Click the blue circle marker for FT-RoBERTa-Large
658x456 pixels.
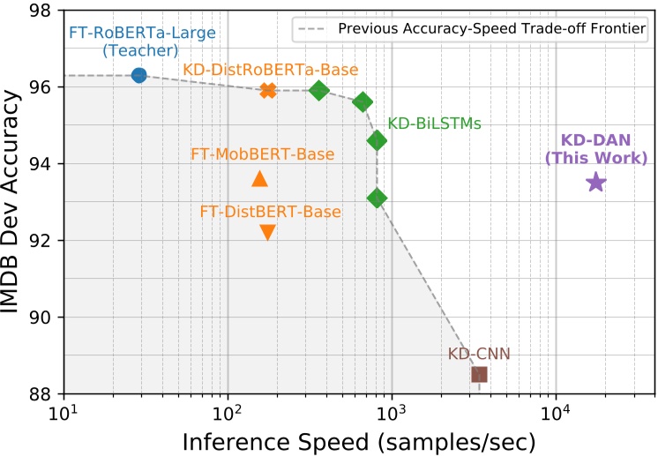click(x=138, y=76)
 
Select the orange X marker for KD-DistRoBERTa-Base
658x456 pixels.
click(x=268, y=90)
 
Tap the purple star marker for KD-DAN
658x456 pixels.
click(x=595, y=183)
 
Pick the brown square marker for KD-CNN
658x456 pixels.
click(x=479, y=375)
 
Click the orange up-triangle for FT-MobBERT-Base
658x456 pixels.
click(x=259, y=179)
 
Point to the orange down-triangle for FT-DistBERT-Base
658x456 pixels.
click(x=268, y=232)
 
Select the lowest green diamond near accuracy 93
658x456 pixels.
click(x=377, y=198)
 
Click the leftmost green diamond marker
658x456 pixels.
click(x=319, y=90)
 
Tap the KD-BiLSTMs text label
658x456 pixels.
click(x=434, y=124)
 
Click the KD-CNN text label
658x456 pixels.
click(x=479, y=355)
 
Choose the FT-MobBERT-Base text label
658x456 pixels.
click(x=263, y=154)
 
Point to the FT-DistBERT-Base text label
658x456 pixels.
click(x=270, y=212)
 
